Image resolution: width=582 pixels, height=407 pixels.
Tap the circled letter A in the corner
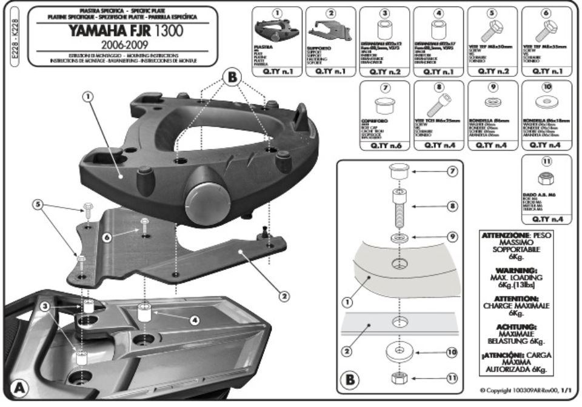(18, 386)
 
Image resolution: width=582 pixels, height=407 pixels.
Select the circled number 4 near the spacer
(194, 320)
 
